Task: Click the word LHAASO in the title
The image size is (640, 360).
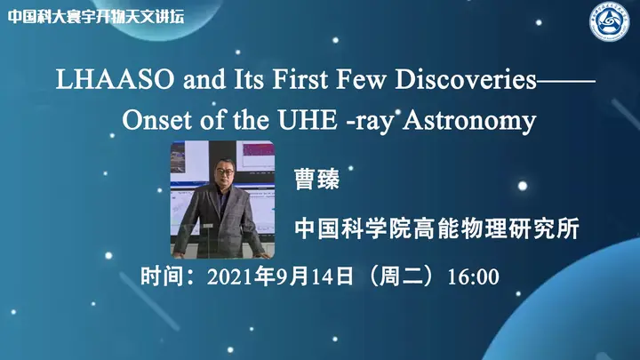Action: point(115,79)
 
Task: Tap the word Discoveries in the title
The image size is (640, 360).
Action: point(466,79)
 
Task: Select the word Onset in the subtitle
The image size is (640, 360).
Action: point(156,120)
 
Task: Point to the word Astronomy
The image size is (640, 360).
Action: point(470,121)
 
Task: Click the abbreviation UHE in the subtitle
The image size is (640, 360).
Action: point(308,120)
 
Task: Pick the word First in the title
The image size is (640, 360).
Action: point(300,79)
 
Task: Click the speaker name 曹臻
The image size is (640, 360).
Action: point(316,179)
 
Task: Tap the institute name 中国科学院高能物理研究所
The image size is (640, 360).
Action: point(436,228)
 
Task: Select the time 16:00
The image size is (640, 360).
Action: point(473,276)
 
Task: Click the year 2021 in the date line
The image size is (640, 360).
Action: point(230,276)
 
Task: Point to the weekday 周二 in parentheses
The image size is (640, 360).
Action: point(402,276)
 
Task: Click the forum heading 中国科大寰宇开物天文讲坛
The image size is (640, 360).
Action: point(96,16)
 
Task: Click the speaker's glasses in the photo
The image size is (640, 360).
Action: point(225,172)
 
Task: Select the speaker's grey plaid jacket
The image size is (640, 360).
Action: point(220,220)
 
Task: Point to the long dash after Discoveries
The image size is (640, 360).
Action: point(566,80)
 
